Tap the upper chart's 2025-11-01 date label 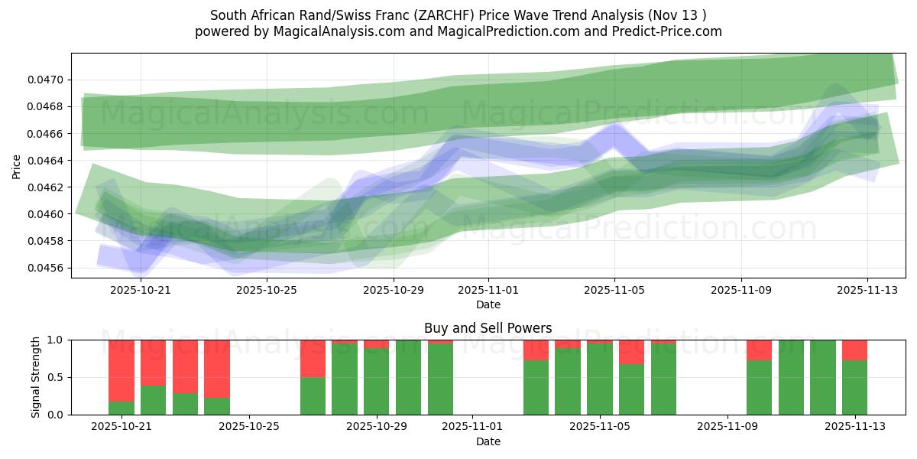[488, 290]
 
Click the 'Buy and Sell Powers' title [488, 328]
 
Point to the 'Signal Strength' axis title [35, 377]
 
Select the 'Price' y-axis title [17, 165]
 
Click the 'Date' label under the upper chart [488, 304]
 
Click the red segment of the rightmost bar [854, 350]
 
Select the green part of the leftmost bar [122, 408]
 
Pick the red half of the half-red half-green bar [313, 358]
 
